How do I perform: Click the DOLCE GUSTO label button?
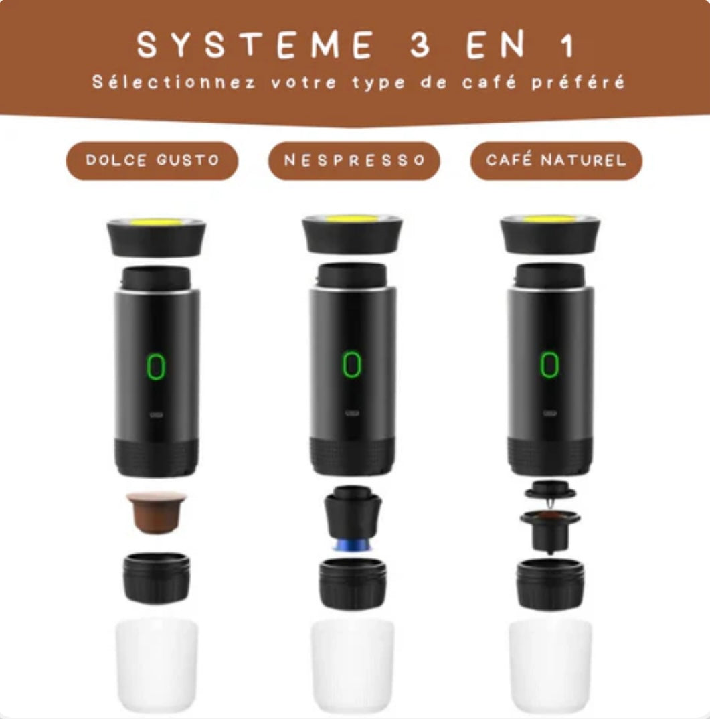click(x=152, y=161)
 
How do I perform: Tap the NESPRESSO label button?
click(x=354, y=161)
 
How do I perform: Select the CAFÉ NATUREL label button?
click(x=556, y=161)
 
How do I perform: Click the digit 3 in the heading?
click(x=420, y=45)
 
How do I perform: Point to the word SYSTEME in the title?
click(x=254, y=45)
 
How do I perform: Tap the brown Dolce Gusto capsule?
click(x=157, y=512)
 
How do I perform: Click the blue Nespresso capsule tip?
click(x=352, y=544)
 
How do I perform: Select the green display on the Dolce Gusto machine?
click(x=156, y=366)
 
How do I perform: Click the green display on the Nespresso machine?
click(x=352, y=364)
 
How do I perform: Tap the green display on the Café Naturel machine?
click(x=549, y=364)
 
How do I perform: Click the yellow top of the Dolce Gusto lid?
click(x=157, y=223)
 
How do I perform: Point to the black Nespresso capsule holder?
click(x=353, y=513)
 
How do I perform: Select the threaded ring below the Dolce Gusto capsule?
click(x=157, y=578)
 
